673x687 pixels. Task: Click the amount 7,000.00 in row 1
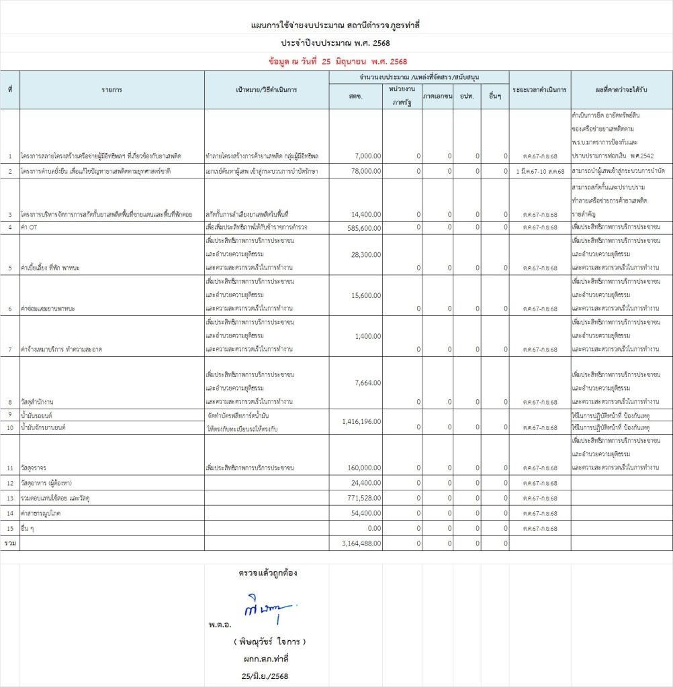click(367, 156)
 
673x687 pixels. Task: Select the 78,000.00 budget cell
click(365, 172)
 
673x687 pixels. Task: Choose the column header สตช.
click(355, 97)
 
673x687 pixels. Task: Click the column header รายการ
click(111, 89)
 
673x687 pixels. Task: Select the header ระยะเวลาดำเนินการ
click(539, 89)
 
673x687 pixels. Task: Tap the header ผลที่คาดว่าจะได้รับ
click(621, 89)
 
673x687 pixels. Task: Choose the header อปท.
click(467, 97)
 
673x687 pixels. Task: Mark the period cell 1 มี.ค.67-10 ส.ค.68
click(539, 172)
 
